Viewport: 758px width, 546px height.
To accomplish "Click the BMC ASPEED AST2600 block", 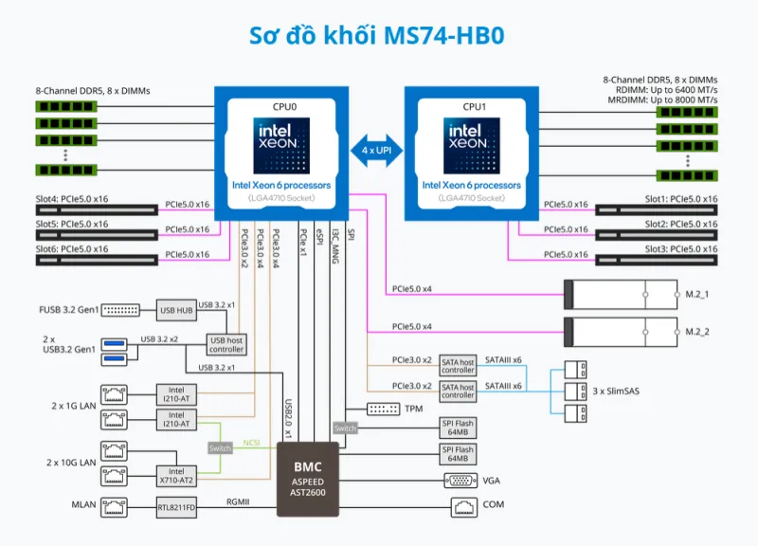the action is pos(308,479).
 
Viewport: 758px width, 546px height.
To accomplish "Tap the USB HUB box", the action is pos(176,310).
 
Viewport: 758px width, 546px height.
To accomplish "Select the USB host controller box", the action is pos(226,345).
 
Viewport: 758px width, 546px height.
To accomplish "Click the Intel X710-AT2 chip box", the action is pos(176,476).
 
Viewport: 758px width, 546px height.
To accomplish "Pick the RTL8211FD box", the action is pos(176,507).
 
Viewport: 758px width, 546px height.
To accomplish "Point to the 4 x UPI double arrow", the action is pos(376,151).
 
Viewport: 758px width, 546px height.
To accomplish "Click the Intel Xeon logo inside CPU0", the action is pos(281,146).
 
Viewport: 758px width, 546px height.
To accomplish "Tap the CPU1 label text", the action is pos(475,107).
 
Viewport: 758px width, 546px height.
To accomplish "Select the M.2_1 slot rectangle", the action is pos(621,295).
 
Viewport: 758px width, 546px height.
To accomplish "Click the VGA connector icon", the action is pos(460,481).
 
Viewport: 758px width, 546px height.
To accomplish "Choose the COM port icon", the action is pos(464,507).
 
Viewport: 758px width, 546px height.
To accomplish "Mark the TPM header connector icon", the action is pos(384,409).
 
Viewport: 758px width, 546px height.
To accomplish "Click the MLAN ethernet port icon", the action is pos(114,507).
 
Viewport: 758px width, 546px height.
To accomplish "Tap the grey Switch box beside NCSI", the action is pos(220,448).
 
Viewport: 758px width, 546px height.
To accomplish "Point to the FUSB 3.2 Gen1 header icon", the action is pos(120,310).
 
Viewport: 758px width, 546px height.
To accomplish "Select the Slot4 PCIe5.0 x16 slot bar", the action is pos(97,209).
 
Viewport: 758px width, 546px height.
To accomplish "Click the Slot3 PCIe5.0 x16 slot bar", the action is pos(657,260).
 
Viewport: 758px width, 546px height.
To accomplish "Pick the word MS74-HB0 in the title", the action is pos(443,35).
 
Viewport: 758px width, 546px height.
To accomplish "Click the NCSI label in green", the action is pos(251,443).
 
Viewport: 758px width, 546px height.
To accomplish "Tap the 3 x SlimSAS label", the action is pos(616,391).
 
